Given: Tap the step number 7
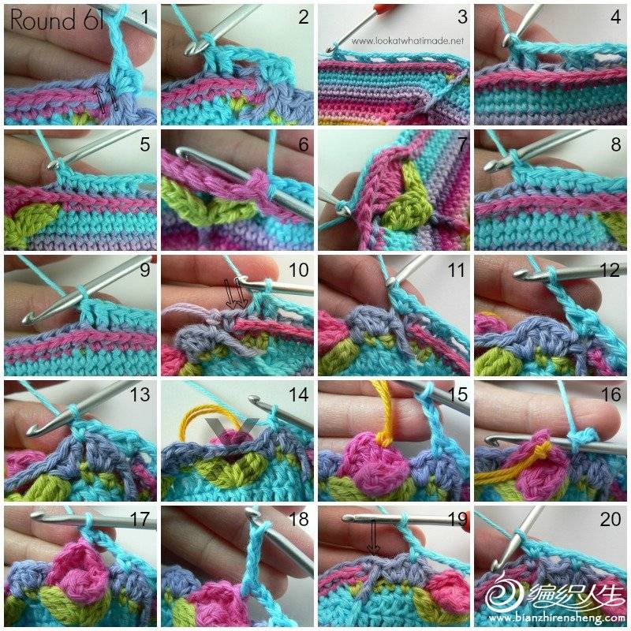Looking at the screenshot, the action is (x=462, y=144).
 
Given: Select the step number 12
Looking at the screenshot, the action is (x=609, y=270).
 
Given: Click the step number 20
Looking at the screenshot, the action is (x=610, y=519).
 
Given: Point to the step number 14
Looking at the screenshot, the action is (x=298, y=394).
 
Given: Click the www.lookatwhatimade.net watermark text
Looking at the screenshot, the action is (x=407, y=41).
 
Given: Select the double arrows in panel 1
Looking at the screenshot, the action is (x=108, y=99).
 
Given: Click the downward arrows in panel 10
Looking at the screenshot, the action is (x=236, y=296).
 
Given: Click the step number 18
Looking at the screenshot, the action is (x=298, y=519).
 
